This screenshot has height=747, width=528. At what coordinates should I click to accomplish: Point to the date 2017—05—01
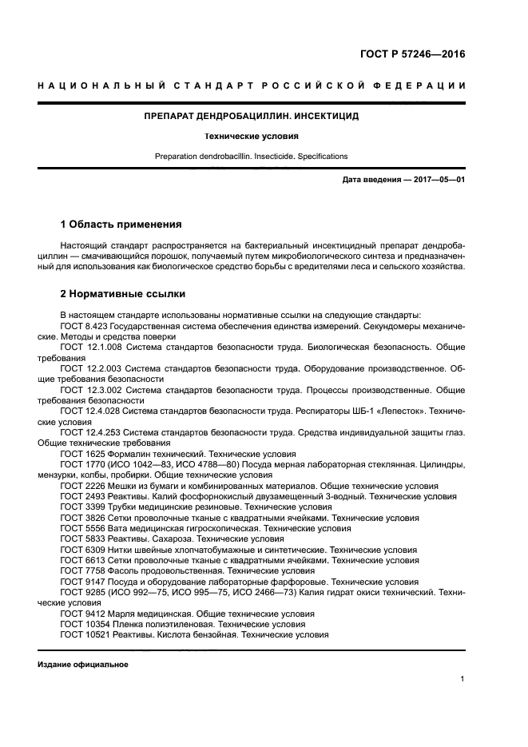[438, 180]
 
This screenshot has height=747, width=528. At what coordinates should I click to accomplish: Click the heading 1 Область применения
[121, 224]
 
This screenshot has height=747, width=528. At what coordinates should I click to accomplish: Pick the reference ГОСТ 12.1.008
[89, 348]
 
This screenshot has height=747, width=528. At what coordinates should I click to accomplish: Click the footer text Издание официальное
[83, 665]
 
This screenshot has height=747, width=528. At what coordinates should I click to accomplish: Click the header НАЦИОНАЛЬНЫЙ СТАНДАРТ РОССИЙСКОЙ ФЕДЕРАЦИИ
[251, 85]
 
